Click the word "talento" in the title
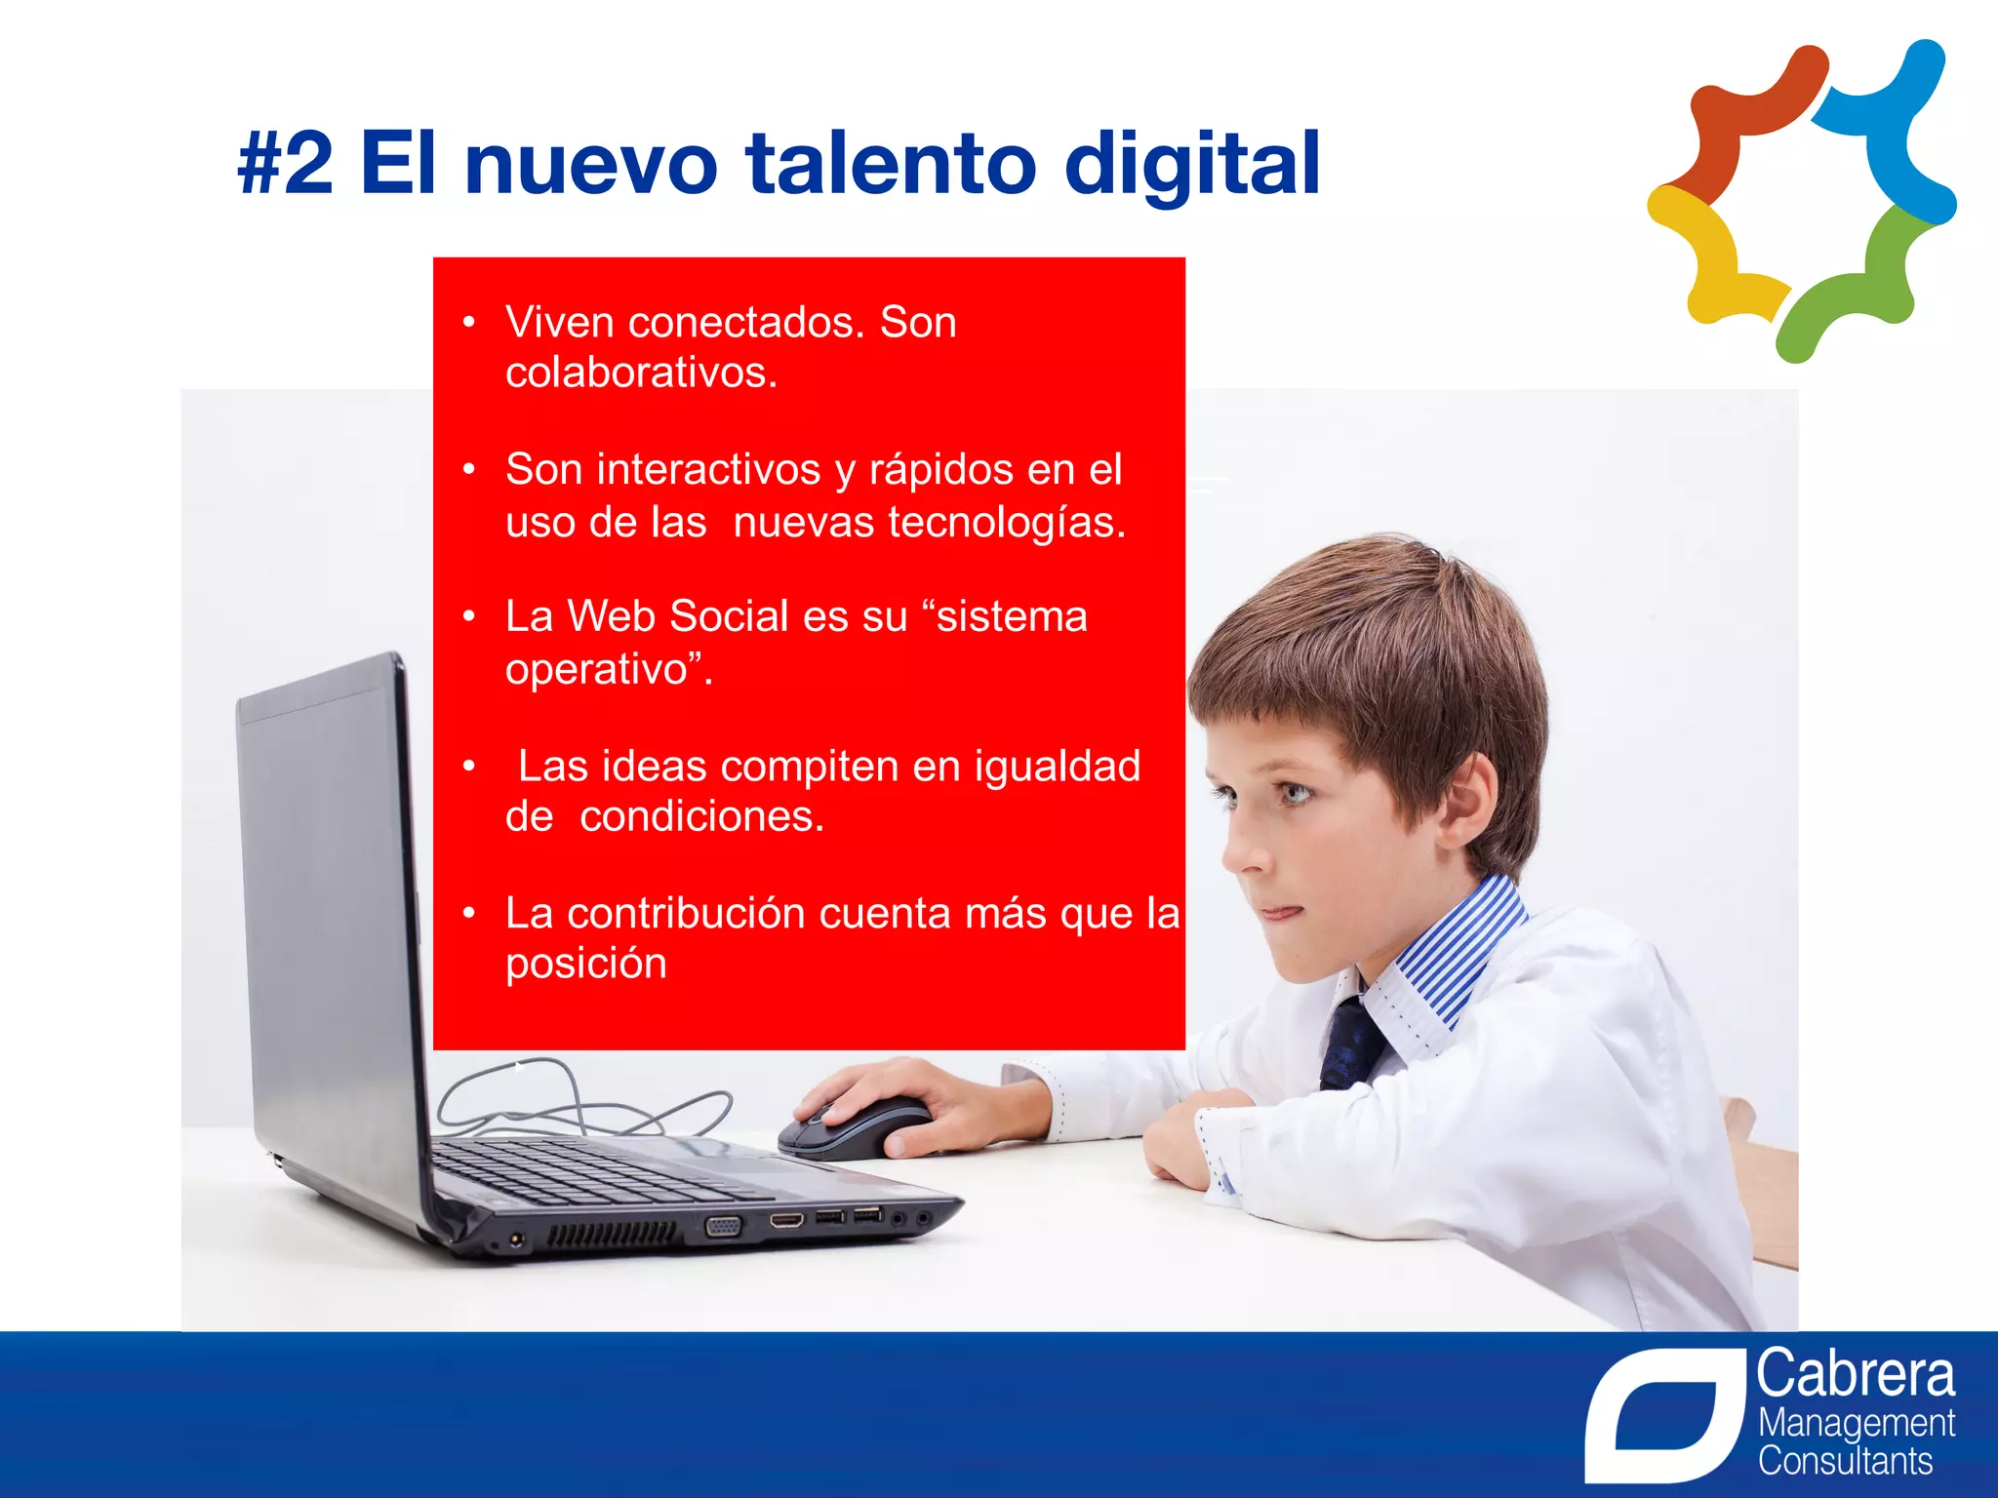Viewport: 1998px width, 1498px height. pos(891,164)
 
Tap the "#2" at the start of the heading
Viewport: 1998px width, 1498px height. pos(285,164)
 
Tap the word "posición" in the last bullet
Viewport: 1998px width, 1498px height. pos(585,965)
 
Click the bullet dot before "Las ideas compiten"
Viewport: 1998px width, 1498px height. pos(469,767)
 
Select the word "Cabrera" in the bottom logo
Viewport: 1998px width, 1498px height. pos(1856,1375)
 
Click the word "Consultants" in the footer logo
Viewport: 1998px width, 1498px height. pos(1845,1462)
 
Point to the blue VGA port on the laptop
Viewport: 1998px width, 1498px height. pos(722,1226)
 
